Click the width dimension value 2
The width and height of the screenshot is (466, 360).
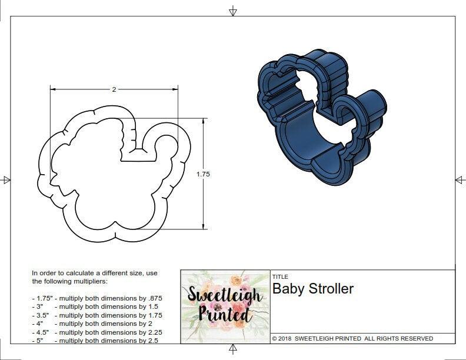pyautogui.click(x=114, y=89)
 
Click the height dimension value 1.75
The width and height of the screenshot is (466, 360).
pyautogui.click(x=204, y=174)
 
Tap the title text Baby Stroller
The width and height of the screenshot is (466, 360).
pyautogui.click(x=313, y=289)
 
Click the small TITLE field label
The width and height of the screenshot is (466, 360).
pyautogui.click(x=279, y=276)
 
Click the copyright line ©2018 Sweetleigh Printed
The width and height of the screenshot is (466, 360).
pyautogui.click(x=352, y=339)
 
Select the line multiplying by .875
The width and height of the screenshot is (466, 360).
pyautogui.click(x=96, y=298)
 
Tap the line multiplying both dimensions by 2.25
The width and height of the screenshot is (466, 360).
pyautogui.click(x=96, y=332)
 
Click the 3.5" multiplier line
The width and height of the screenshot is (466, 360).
pyautogui.click(x=96, y=315)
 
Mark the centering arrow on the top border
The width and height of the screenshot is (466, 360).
pyautogui.click(x=233, y=11)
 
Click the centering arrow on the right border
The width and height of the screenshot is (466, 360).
pyautogui.click(x=460, y=180)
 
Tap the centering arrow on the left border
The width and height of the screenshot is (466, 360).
pyautogui.click(x=6, y=180)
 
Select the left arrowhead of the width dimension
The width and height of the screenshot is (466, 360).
pyautogui.click(x=52, y=89)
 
